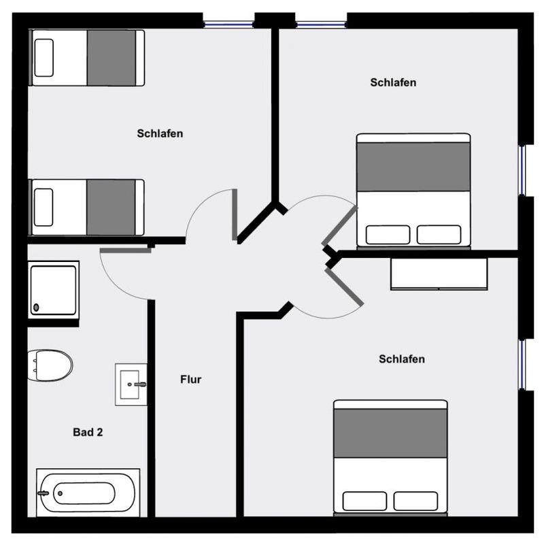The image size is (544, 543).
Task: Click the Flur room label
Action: point(190,379)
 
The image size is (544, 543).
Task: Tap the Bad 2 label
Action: point(88,432)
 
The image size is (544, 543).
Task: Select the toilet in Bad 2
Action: point(50,365)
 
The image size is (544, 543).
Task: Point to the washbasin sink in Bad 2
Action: point(131,384)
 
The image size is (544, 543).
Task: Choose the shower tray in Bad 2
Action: point(54,291)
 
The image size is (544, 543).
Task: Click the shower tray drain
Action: point(36,308)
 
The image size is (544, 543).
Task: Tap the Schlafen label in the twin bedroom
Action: point(160,133)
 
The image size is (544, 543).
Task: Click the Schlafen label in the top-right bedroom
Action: point(393,82)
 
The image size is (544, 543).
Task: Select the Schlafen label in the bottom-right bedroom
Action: point(402,359)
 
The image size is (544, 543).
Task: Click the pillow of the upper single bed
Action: point(44,58)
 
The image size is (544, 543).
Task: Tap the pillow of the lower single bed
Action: point(44,208)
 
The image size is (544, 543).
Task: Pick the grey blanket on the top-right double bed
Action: point(413,167)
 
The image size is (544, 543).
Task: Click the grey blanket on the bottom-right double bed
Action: point(390,433)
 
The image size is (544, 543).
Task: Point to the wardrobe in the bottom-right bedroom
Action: point(439,274)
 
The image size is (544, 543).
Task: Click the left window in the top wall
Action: point(228,24)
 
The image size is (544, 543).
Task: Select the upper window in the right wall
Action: point(522,170)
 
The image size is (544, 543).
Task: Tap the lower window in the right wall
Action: point(522,365)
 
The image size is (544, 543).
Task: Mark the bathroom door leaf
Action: point(126,250)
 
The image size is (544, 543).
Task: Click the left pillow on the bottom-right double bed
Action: point(364,501)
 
